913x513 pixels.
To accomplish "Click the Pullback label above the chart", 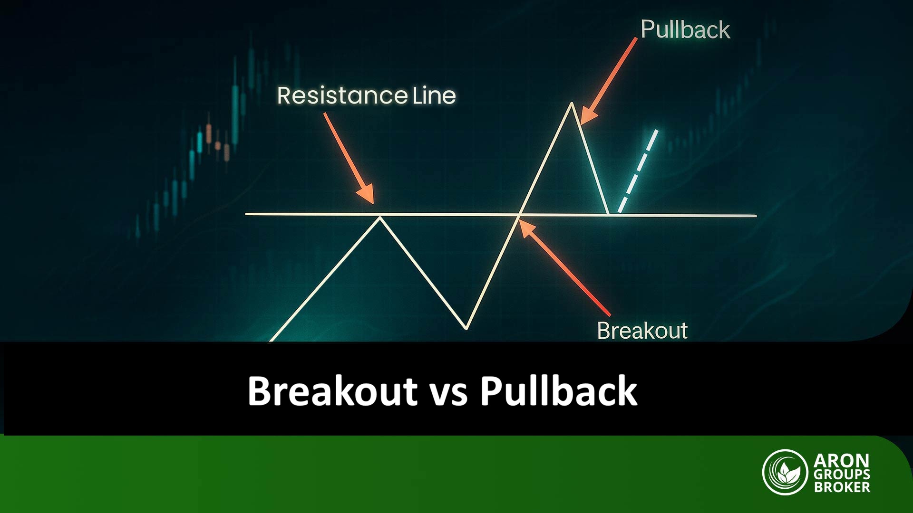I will coord(685,29).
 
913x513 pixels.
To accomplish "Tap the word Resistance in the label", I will coord(342,95).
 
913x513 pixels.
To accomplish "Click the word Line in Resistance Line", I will coord(434,95).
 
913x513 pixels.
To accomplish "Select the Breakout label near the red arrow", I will coord(642,331).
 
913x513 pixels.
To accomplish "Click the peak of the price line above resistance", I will coord(572,104).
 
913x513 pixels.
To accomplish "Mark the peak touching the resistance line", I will coord(379,217).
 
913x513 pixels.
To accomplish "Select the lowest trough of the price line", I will coord(466,328).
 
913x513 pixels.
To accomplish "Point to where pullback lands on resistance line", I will coord(608,214).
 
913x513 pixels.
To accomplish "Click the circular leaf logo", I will coord(785,472).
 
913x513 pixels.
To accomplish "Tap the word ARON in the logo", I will coord(841,460).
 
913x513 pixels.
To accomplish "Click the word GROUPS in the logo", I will coord(841,474).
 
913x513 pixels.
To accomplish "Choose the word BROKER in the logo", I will coord(841,487).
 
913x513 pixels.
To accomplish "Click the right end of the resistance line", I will coord(755,216).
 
